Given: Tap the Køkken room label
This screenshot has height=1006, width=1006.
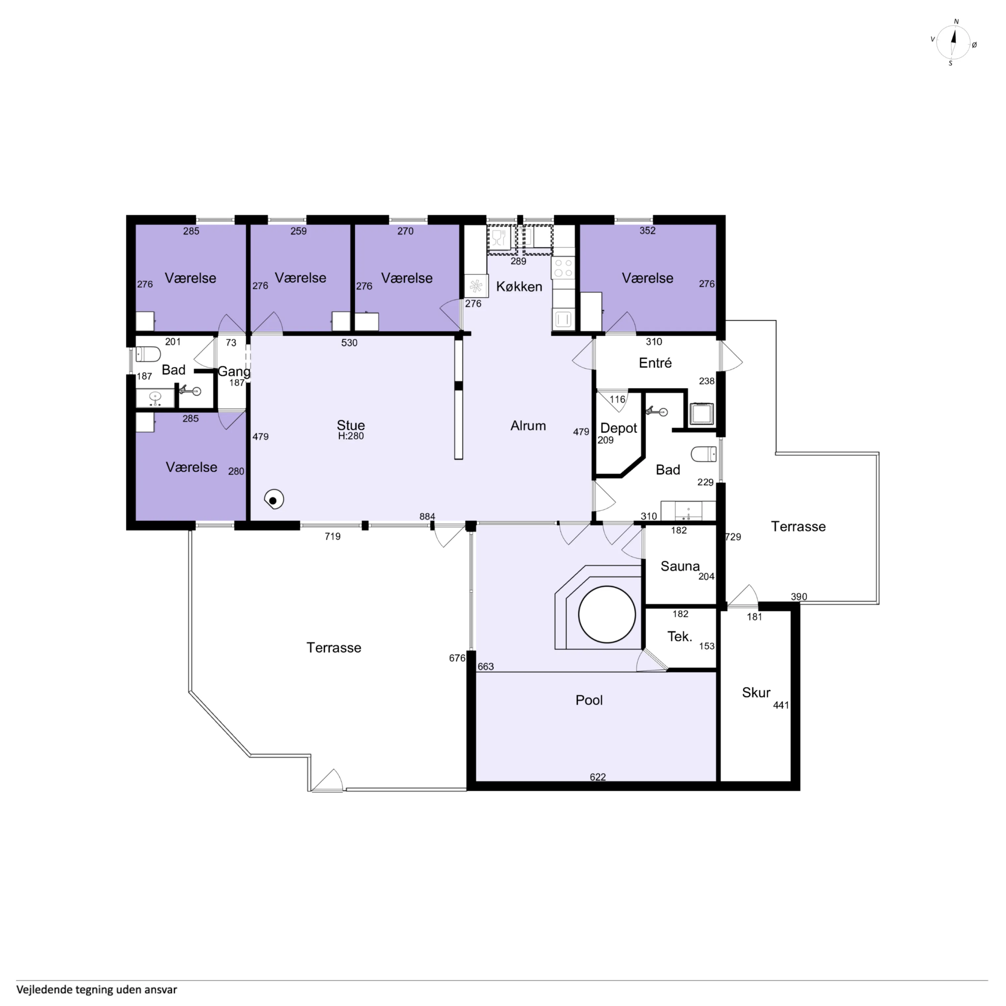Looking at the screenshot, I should pyautogui.click(x=519, y=286).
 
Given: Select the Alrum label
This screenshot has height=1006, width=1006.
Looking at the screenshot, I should pyautogui.click(x=528, y=426).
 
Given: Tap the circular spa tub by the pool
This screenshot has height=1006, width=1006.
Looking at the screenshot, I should pyautogui.click(x=607, y=614).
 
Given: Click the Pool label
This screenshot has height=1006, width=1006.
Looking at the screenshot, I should pyautogui.click(x=589, y=700).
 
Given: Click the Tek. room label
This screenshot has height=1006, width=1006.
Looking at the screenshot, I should pyautogui.click(x=679, y=636).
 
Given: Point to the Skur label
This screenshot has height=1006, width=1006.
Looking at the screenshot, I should pyautogui.click(x=756, y=693).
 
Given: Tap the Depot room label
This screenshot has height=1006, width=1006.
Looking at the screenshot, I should pyautogui.click(x=619, y=428).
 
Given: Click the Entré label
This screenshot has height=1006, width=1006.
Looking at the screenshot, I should pyautogui.click(x=655, y=363).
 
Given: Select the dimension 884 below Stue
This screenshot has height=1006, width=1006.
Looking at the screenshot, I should pyautogui.click(x=427, y=517).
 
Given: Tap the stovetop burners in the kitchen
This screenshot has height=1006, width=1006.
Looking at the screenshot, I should pyautogui.click(x=563, y=268).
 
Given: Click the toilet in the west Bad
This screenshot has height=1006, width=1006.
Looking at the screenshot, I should pyautogui.click(x=147, y=355).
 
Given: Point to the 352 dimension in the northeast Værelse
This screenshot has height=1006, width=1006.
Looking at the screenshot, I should pyautogui.click(x=647, y=231).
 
